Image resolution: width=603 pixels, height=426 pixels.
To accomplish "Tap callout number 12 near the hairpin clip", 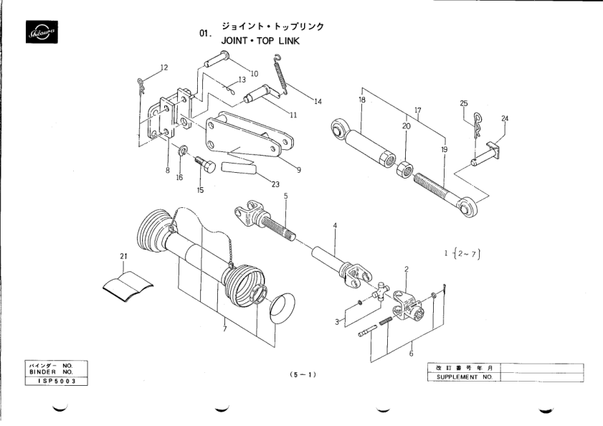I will point(164,67).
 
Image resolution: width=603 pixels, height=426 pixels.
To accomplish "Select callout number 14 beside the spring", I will point(318,101).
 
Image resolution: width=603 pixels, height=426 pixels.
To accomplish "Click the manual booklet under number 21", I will point(128,286).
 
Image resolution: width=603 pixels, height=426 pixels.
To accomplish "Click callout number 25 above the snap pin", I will point(463,103).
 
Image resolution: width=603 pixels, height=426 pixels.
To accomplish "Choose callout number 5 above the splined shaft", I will point(285,196).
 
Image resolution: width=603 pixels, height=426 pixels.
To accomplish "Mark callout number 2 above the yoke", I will point(406,270).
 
